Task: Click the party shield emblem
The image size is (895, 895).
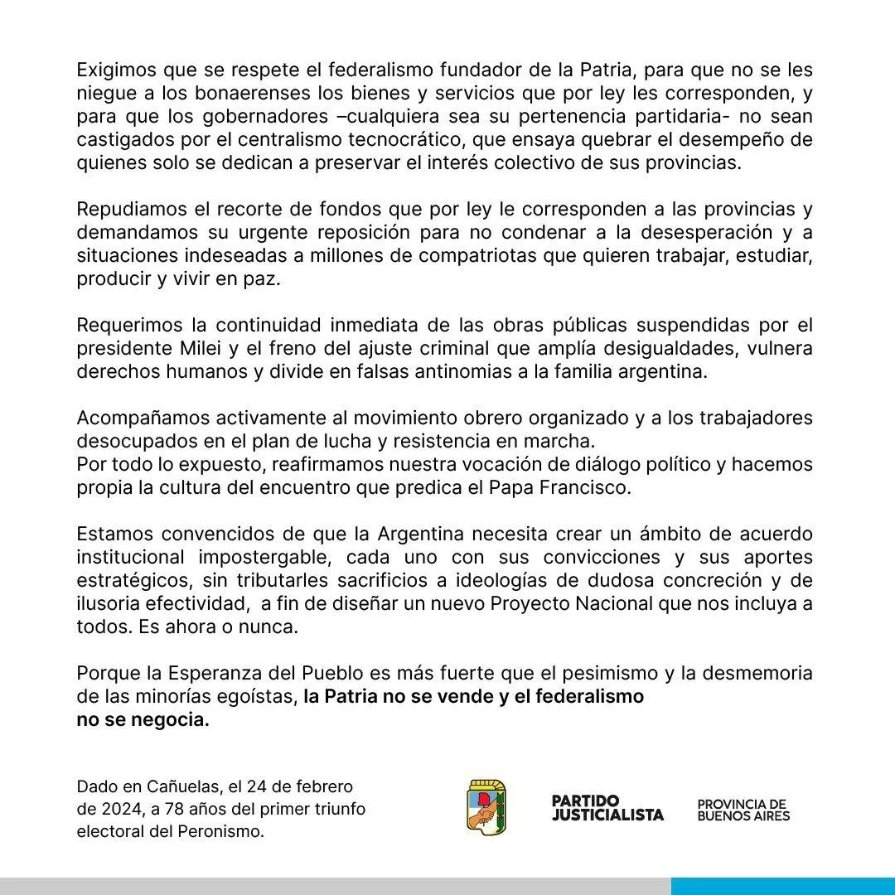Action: pyautogui.click(x=487, y=806)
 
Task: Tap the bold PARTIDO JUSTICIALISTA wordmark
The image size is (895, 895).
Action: pyautogui.click(x=607, y=808)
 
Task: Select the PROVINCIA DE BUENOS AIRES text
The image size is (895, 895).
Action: pyautogui.click(x=743, y=810)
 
